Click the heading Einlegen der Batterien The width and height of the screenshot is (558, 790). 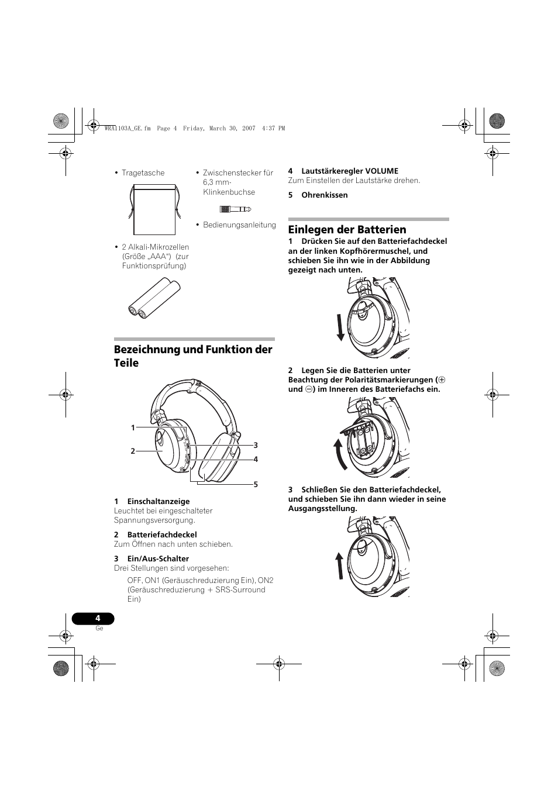pyautogui.click(x=347, y=230)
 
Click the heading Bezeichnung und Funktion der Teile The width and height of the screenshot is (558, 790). pyautogui.click(x=193, y=356)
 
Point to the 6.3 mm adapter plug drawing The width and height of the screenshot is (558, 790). pyautogui.click(x=236, y=209)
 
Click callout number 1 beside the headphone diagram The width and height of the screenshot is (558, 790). pyautogui.click(x=133, y=428)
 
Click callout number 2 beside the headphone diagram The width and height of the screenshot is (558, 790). pyautogui.click(x=133, y=451)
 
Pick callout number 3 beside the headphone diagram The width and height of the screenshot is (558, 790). pyautogui.click(x=256, y=446)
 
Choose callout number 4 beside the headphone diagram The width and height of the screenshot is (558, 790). pyautogui.click(x=256, y=460)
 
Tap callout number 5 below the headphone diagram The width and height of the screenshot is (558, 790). pyautogui.click(x=256, y=485)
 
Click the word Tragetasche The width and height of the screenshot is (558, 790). pyautogui.click(x=143, y=173)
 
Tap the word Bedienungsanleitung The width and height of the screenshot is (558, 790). pyautogui.click(x=239, y=225)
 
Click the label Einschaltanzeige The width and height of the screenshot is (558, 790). pyautogui.click(x=159, y=502)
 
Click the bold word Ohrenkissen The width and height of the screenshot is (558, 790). pyautogui.click(x=325, y=195)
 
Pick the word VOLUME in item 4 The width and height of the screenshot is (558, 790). pyautogui.click(x=381, y=171)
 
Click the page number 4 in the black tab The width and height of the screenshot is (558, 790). pyautogui.click(x=98, y=618)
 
